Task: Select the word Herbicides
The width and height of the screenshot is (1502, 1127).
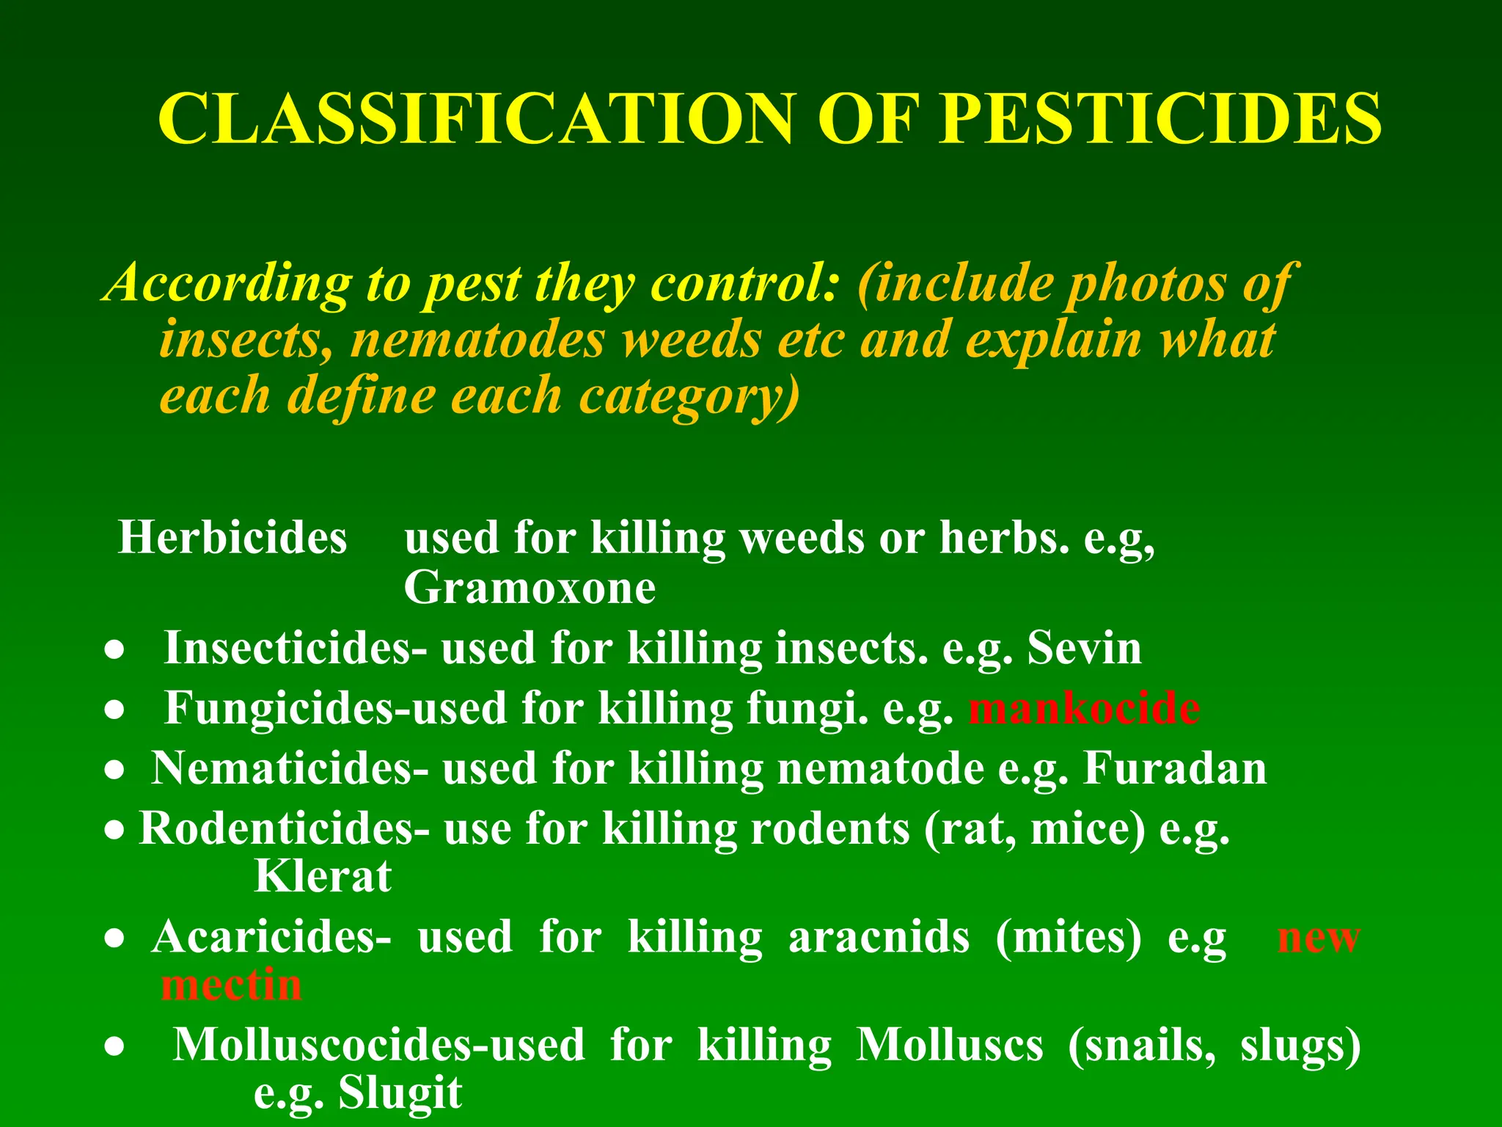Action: (x=232, y=537)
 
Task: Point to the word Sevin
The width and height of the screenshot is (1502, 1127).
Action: (x=1084, y=648)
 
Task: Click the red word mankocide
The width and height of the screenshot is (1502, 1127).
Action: (x=1084, y=708)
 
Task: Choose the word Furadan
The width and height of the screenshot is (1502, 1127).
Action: (x=1175, y=768)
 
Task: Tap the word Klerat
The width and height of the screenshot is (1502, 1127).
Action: (x=323, y=876)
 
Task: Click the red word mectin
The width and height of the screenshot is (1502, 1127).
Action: (x=232, y=985)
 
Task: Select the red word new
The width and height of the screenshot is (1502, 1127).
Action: (x=1319, y=937)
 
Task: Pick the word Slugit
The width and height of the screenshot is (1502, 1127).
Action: (x=400, y=1093)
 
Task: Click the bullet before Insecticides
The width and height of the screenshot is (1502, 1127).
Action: (x=114, y=651)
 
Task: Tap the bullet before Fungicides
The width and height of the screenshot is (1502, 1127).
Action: (x=114, y=710)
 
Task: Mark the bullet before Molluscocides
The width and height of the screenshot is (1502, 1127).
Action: (x=114, y=1048)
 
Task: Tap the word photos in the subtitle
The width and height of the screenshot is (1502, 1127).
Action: (x=1146, y=283)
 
